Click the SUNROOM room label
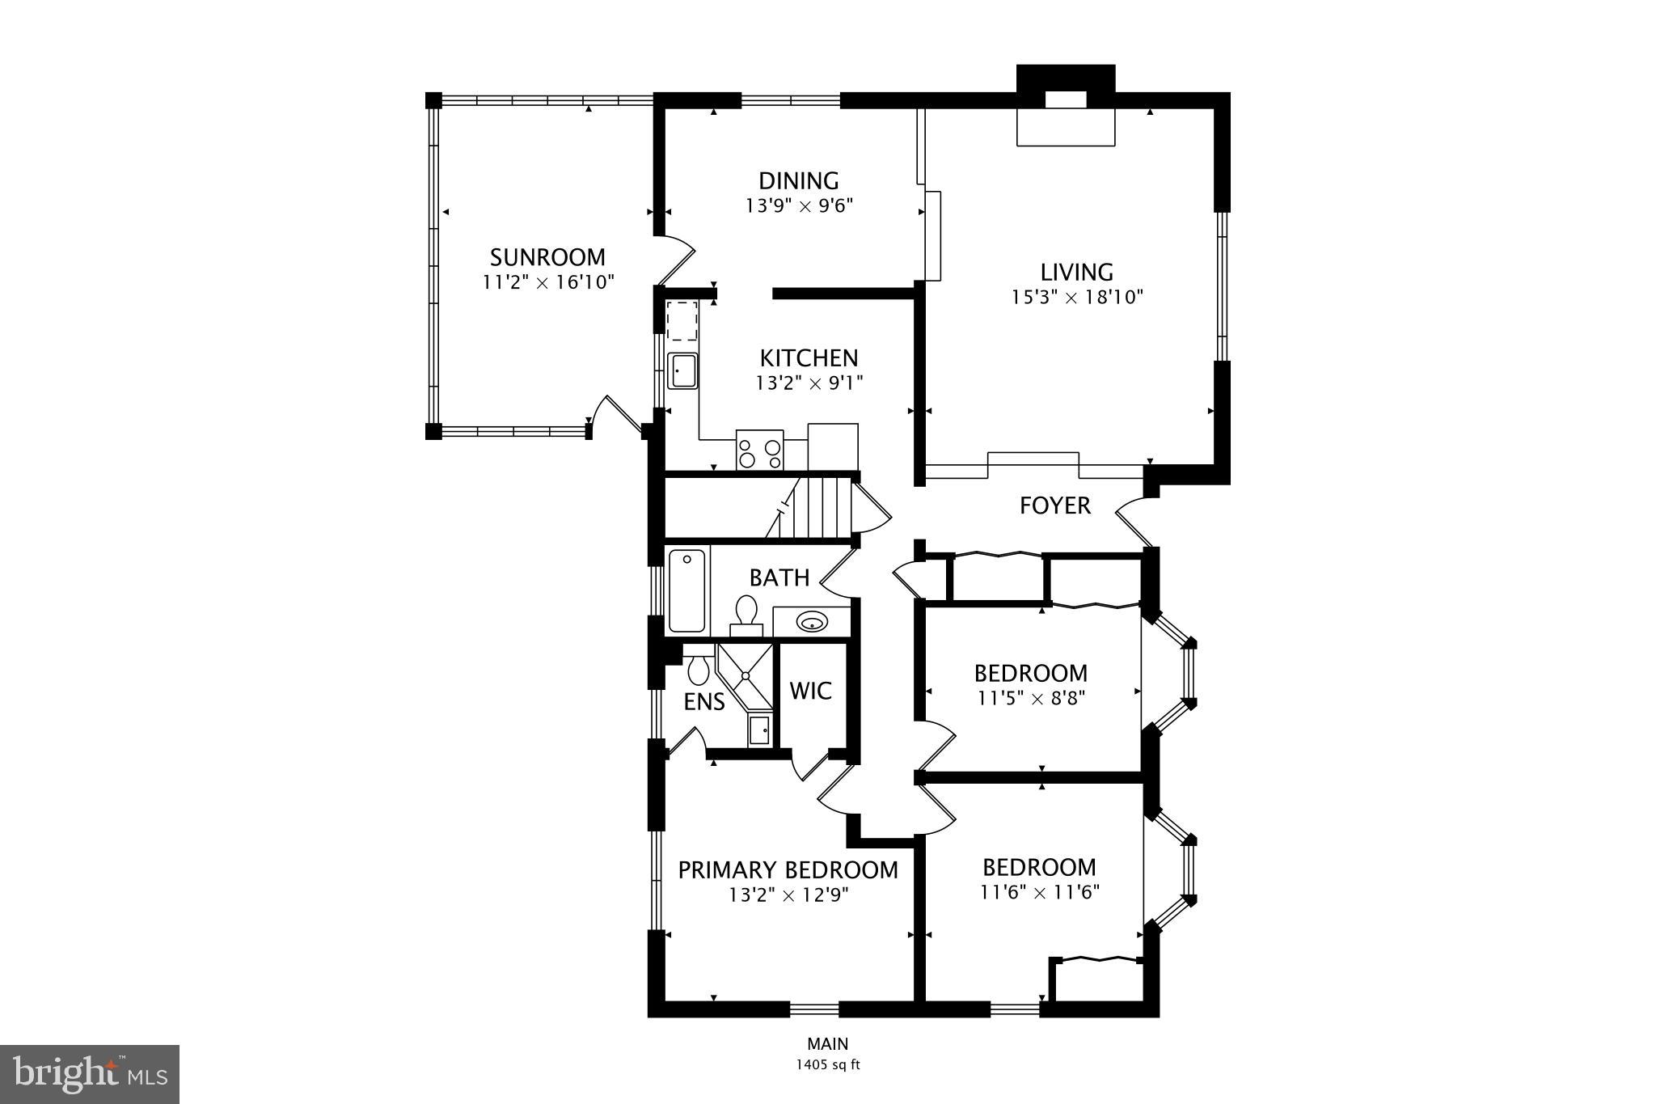coord(547,257)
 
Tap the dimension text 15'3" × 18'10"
coord(1077,298)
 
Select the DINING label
coord(798,180)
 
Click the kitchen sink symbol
coord(682,372)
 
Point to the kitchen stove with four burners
coord(760,450)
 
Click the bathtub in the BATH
coord(687,590)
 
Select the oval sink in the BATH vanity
coord(811,622)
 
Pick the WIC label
coord(810,691)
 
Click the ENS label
coord(703,702)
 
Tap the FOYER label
coord(1054,506)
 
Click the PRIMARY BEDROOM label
coord(788,870)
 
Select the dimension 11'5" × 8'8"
coord(1030,698)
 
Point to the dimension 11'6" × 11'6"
coord(1039,893)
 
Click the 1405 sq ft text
coord(827,1065)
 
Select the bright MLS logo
coord(90,1075)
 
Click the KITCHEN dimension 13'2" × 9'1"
coord(809,383)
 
